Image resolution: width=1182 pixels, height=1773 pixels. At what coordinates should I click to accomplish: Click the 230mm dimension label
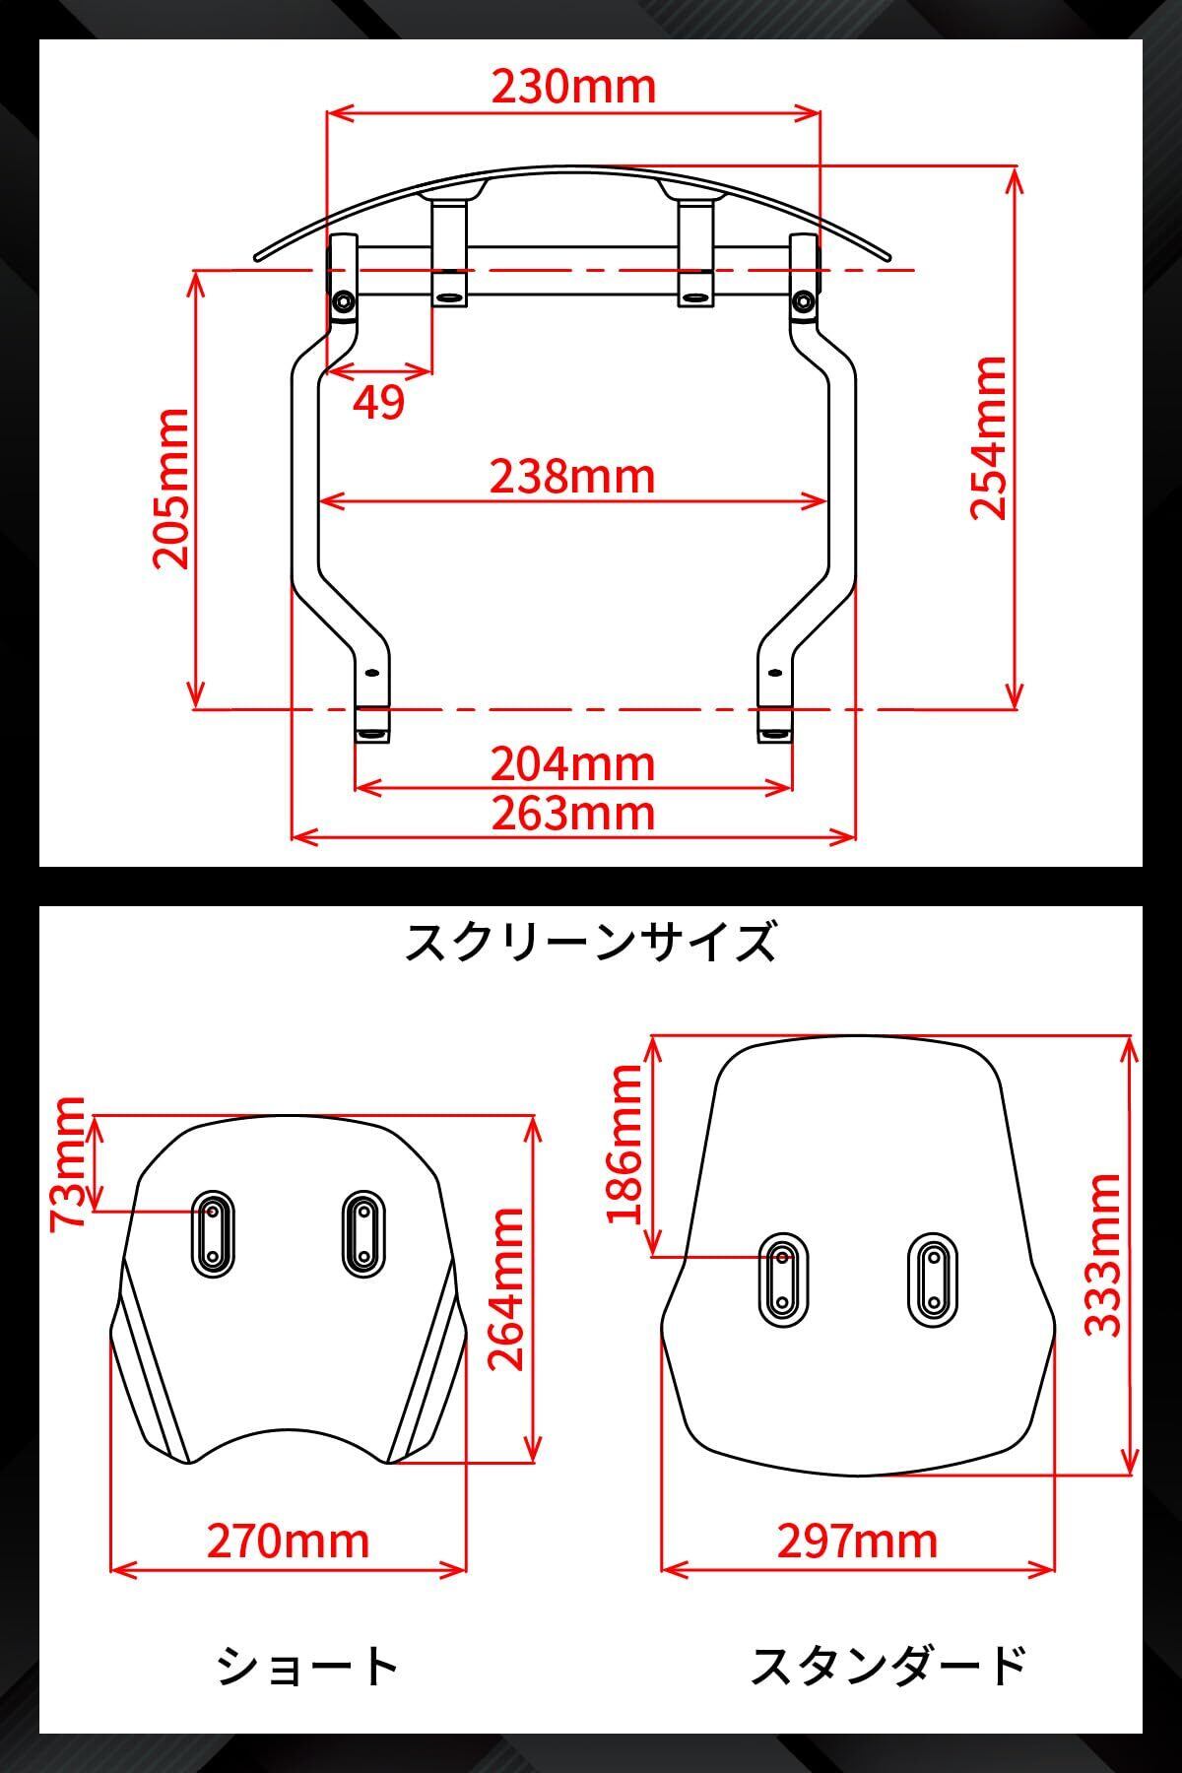(573, 87)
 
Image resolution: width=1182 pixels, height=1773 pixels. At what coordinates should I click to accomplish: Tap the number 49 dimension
(378, 402)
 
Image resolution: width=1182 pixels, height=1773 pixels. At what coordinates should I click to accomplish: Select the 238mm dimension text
(573, 477)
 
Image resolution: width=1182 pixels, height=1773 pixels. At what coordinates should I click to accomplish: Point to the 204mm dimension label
(573, 764)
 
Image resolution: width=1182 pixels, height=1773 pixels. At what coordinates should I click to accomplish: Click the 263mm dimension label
(573, 814)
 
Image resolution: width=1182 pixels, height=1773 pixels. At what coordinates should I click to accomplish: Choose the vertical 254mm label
(988, 437)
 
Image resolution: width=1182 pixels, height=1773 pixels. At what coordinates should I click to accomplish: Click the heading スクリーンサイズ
(591, 942)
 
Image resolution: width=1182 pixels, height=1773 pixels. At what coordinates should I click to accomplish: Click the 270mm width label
(288, 1541)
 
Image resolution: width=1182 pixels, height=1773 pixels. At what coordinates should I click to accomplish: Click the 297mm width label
(857, 1541)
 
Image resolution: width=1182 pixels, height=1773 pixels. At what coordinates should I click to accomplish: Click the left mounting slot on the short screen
(212, 1234)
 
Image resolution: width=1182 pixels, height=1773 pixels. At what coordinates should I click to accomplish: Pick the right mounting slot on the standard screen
(931, 1278)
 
